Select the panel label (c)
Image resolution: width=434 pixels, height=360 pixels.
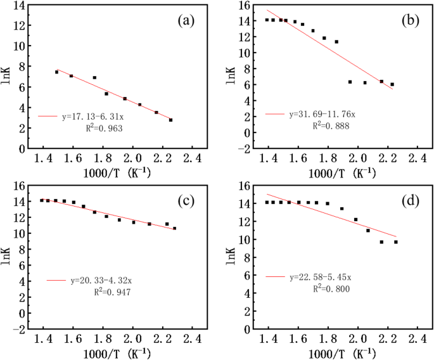tap(186, 202)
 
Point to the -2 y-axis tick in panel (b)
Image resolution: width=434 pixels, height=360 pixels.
tap(243, 150)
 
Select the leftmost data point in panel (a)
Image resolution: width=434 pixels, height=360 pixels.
tap(56, 72)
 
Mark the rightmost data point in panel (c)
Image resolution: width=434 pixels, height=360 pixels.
tap(174, 228)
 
